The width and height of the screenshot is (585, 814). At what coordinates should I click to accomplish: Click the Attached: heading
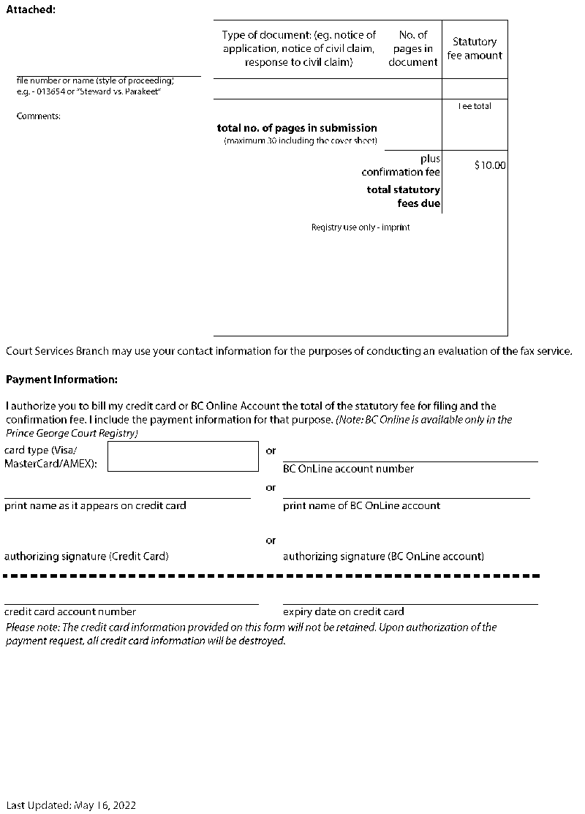tap(31, 9)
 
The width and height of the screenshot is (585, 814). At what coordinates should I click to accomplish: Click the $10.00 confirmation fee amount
tap(489, 165)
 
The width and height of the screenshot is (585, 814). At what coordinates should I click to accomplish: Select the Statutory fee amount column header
tap(475, 48)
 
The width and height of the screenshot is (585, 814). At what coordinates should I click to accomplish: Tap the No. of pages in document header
tap(412, 48)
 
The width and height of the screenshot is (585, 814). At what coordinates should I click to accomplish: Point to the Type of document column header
tap(299, 48)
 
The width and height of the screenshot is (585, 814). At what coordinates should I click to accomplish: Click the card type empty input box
tap(183, 456)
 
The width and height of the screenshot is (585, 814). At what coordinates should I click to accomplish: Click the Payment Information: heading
tap(61, 380)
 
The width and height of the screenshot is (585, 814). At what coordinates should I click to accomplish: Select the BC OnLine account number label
tap(348, 469)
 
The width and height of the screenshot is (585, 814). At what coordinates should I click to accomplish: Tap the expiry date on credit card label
tap(343, 611)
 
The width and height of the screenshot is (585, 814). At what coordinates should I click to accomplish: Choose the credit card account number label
tap(70, 611)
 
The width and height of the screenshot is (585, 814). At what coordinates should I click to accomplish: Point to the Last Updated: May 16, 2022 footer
tap(70, 805)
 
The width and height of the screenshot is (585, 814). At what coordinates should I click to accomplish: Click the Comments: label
tap(38, 116)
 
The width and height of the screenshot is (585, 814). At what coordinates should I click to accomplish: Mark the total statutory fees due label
tap(404, 197)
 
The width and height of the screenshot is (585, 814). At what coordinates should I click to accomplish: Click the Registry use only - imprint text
tap(361, 227)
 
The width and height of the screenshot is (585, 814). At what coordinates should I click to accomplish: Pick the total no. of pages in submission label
tap(297, 128)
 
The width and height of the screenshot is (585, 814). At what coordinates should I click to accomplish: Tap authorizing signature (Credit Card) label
tap(86, 557)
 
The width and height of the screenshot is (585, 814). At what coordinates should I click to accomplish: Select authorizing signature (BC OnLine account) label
tap(383, 557)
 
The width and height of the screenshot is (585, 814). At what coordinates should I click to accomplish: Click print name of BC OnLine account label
tap(361, 505)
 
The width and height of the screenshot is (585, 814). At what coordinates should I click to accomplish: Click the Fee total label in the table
tap(475, 107)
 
